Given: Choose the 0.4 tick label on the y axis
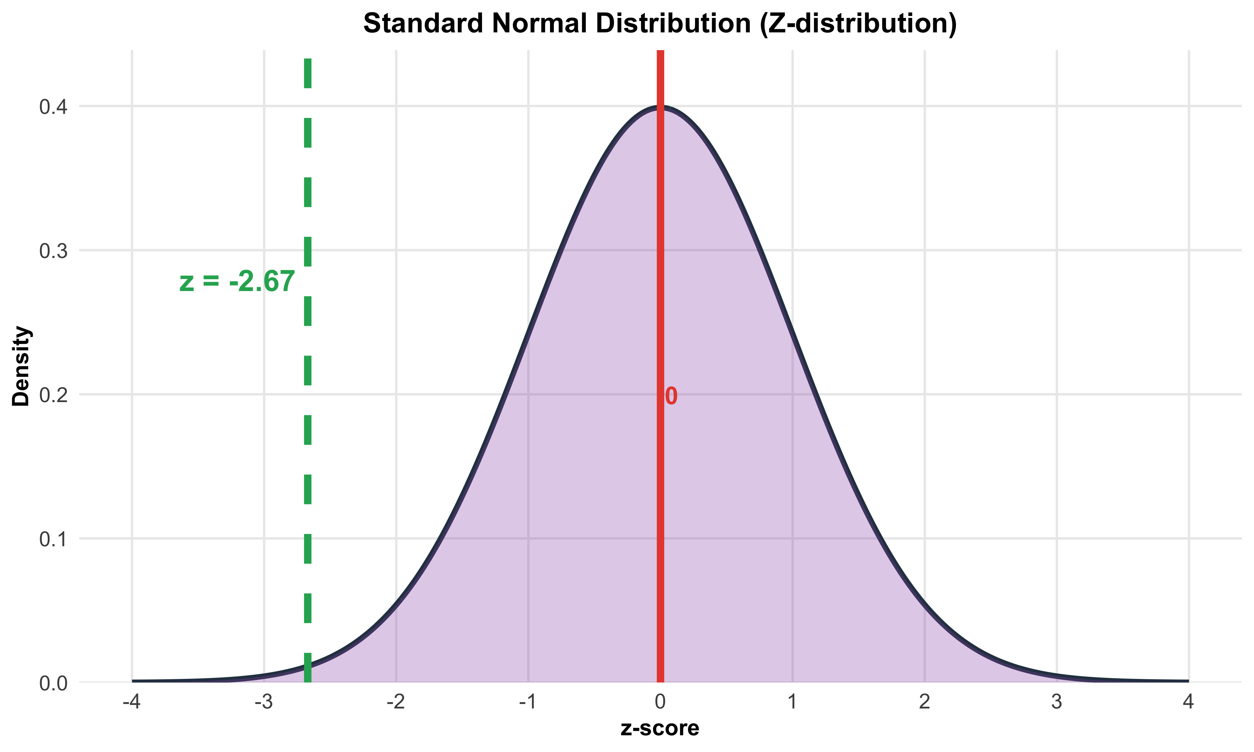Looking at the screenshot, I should click(53, 107).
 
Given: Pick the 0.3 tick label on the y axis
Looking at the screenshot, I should click(53, 251).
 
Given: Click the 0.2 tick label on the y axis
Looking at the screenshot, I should click(53, 395).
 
